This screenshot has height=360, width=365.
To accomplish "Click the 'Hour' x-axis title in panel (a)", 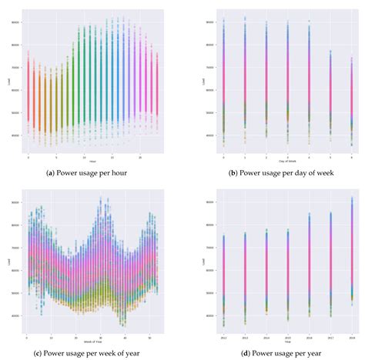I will click(92, 161).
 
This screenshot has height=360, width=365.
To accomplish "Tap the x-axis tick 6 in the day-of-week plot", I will click(330, 156).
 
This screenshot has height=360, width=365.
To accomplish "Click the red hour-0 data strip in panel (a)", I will click(28, 92).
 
